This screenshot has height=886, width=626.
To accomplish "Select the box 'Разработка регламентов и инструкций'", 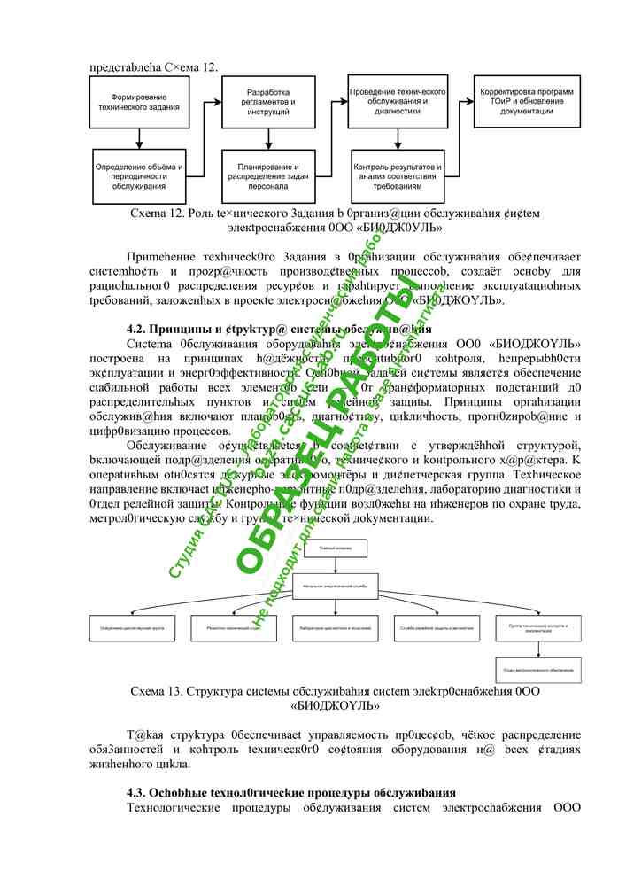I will [265, 102].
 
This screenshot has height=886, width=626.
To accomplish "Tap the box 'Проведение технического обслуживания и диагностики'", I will [396, 102].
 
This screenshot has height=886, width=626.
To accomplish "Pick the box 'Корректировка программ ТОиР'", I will [527, 102].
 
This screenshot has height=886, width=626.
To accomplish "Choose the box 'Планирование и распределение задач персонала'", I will [265, 176].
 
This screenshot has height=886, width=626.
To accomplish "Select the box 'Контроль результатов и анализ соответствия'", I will [396, 176].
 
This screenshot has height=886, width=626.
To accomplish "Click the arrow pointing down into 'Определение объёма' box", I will [137, 140].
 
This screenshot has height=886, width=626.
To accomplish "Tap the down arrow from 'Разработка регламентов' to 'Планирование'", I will [265, 140].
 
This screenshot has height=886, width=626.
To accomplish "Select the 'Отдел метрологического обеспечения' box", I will [537, 670].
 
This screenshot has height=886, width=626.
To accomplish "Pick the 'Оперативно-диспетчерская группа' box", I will [133, 628].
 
